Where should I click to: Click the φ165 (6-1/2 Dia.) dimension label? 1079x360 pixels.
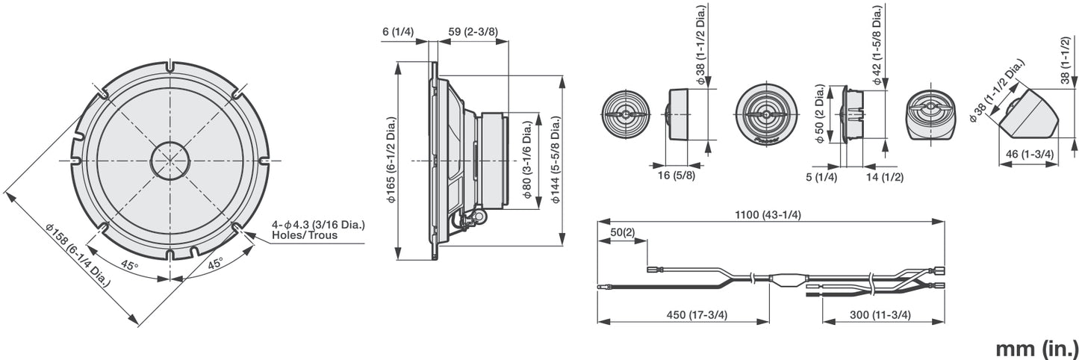click(391, 160)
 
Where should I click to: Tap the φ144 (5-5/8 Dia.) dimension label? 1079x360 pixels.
click(556, 160)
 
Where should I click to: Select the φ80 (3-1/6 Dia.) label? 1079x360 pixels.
click(528, 160)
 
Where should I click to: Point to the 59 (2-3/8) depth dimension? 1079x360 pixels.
click(473, 32)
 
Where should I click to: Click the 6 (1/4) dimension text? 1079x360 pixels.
click(398, 32)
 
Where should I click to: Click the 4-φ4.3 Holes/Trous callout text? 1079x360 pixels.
click(318, 230)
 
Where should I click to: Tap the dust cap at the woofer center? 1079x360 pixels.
click(170, 161)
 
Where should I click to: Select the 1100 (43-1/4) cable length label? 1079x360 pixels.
click(768, 214)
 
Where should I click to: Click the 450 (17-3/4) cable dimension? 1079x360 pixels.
click(697, 314)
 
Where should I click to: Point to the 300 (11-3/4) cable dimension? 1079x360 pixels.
click(880, 314)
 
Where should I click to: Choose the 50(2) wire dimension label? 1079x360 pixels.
click(623, 232)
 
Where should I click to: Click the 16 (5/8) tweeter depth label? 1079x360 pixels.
click(677, 176)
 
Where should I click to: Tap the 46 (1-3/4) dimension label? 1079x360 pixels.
click(1030, 154)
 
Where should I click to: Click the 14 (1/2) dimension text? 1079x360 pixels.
click(884, 177)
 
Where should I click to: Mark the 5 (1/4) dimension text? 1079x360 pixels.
click(821, 177)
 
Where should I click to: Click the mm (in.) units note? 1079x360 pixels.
click(1036, 348)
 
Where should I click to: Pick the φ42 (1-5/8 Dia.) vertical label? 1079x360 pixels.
click(877, 46)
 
